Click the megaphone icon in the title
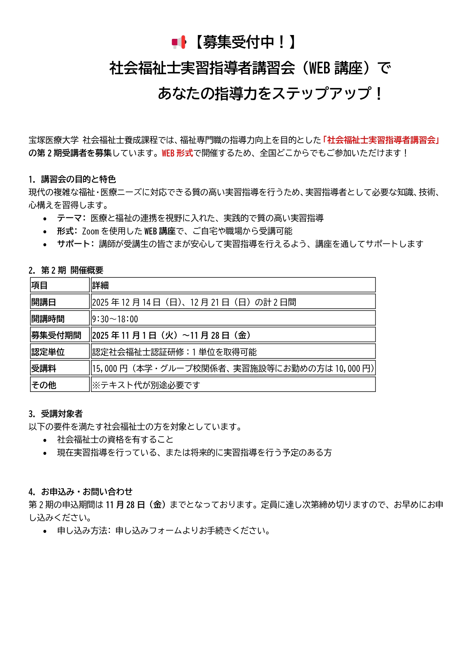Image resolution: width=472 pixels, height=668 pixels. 179,43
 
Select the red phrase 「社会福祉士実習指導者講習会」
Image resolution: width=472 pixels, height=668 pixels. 381,140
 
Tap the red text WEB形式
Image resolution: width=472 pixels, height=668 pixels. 177,153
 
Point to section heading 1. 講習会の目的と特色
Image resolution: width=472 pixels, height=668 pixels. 72,179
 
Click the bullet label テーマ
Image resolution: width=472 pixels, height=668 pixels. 69,218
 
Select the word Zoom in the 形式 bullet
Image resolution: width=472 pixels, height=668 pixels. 90,231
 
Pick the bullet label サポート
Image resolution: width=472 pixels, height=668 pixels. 73,244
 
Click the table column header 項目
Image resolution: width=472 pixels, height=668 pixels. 40,285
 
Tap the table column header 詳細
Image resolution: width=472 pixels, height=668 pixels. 100,285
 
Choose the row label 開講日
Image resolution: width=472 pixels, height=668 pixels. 44,302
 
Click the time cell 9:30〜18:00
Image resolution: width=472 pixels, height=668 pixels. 115,319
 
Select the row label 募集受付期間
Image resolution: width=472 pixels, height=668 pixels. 56,335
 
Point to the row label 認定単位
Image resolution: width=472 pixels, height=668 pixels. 48,352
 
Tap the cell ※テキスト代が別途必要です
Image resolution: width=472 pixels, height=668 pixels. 146,385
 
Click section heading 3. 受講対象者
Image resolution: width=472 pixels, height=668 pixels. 56,414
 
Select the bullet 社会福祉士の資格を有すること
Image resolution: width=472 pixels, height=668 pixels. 115,440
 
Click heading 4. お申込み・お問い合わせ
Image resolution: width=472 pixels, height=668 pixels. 80,492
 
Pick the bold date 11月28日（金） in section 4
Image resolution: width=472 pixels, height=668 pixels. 136,505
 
